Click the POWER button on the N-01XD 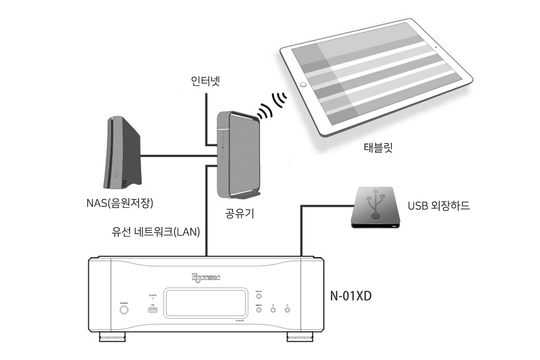(124, 310)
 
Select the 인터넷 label (205, 82)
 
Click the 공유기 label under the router (239, 213)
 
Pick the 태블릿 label (378, 148)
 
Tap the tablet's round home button (303, 84)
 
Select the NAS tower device (122, 153)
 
